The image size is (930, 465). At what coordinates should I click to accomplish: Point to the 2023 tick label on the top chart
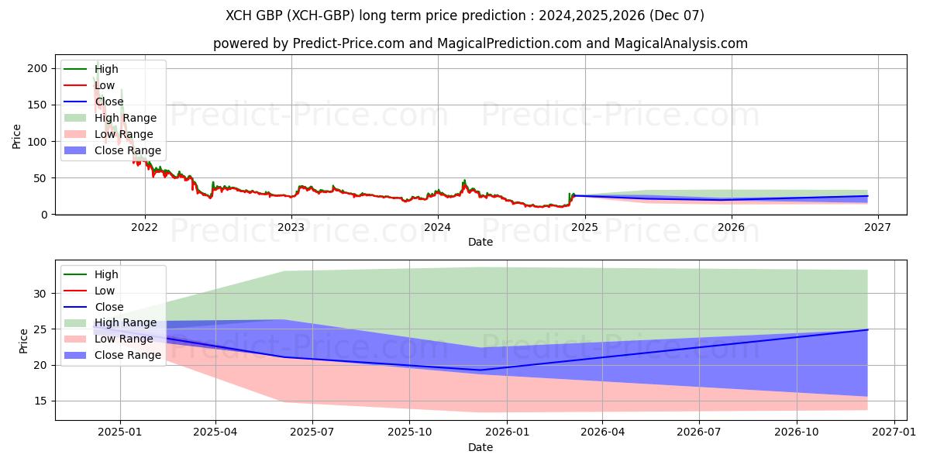pyautogui.click(x=291, y=227)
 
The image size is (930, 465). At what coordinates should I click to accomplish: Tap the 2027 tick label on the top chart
pyautogui.click(x=877, y=227)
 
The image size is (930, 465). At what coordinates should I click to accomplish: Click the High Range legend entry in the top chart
pyautogui.click(x=125, y=118)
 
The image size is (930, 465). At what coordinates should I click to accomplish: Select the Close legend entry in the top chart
pyautogui.click(x=109, y=102)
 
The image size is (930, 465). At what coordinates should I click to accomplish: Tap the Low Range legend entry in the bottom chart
pyautogui.click(x=124, y=339)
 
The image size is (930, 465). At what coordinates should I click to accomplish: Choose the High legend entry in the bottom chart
pyautogui.click(x=106, y=274)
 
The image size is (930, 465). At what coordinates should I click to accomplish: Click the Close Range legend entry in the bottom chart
pyautogui.click(x=128, y=355)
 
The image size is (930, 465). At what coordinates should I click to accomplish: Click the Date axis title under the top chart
pyautogui.click(x=480, y=242)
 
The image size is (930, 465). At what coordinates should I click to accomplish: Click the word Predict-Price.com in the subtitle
pyautogui.click(x=349, y=43)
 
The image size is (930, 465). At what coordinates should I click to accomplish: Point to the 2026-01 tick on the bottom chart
pyautogui.click(x=506, y=432)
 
